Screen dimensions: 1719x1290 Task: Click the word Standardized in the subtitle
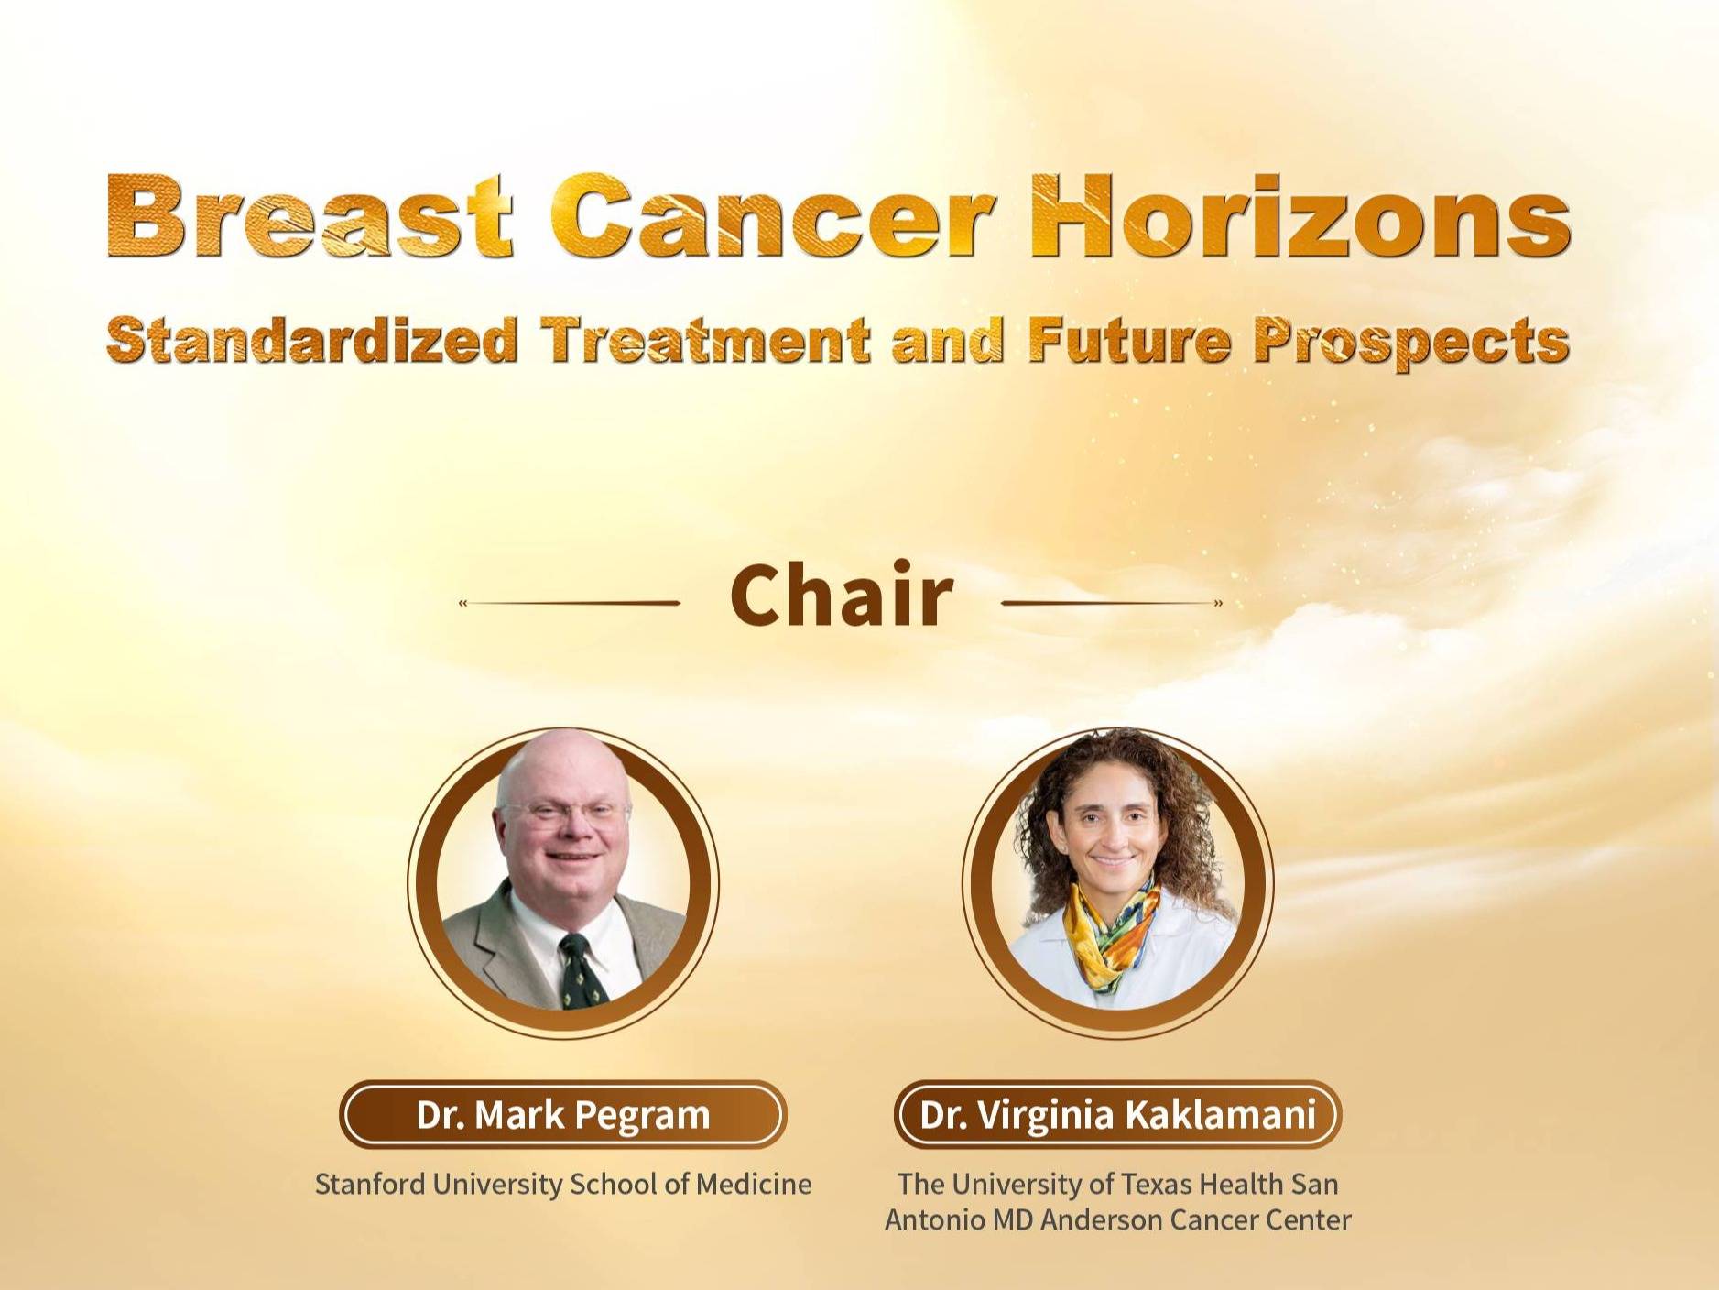pos(312,340)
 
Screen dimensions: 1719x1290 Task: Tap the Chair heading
pos(842,595)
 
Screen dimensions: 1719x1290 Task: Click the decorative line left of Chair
pos(570,603)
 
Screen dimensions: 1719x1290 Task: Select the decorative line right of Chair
pos(1112,603)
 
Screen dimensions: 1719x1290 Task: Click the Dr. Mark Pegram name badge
pos(563,1115)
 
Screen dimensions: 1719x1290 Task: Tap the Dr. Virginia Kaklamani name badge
pos(1117,1115)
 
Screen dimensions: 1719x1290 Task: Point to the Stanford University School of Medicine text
pos(563,1184)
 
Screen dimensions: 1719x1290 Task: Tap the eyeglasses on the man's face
pos(563,812)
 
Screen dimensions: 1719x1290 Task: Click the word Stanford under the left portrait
pos(370,1184)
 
